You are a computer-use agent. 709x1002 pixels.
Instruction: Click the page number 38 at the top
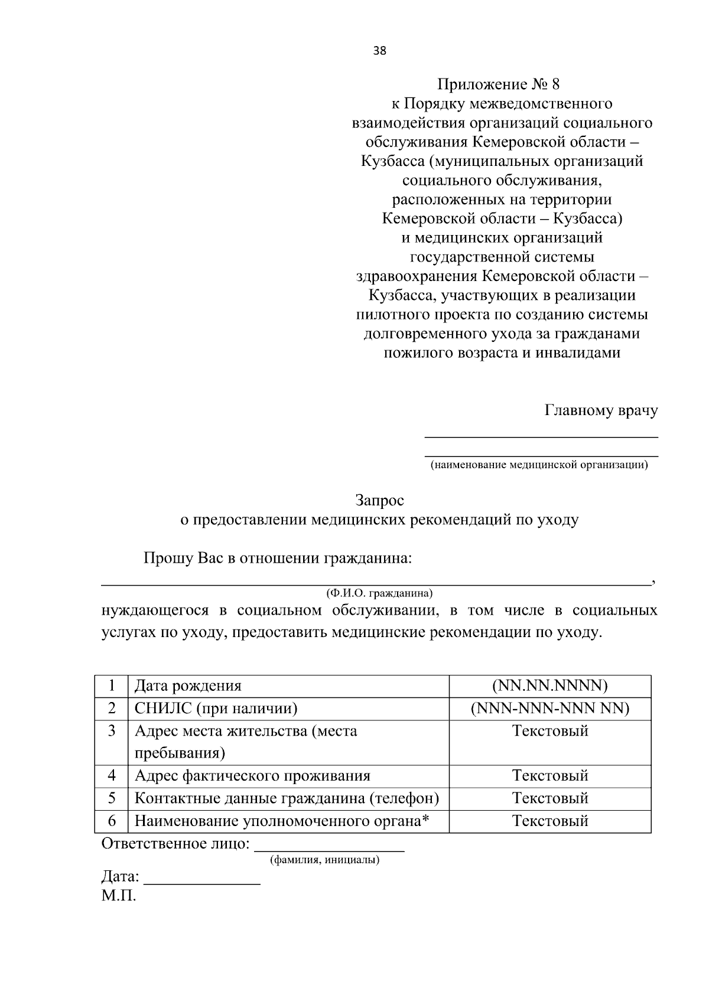(x=379, y=51)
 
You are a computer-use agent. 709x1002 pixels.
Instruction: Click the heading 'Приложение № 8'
(x=502, y=84)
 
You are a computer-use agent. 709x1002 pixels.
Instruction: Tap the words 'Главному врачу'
(x=601, y=411)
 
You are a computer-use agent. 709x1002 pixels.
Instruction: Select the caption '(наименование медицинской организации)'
(x=539, y=465)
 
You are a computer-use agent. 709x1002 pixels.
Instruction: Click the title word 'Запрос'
(x=379, y=501)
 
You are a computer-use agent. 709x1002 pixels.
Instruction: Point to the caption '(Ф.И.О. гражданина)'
(x=379, y=592)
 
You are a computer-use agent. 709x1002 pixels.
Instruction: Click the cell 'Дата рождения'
(x=188, y=686)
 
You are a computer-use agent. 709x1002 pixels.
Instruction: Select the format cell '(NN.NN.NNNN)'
(x=549, y=686)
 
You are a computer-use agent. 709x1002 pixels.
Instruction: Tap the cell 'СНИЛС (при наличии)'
(x=216, y=709)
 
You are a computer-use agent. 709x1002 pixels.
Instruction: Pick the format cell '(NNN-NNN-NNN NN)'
(x=549, y=709)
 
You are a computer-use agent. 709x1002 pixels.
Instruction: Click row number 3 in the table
(x=112, y=731)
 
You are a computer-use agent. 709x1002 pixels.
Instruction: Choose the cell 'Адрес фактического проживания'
(x=252, y=776)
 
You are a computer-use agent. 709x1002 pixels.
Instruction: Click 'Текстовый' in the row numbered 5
(x=549, y=798)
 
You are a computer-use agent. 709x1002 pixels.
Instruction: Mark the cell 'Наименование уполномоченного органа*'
(x=281, y=821)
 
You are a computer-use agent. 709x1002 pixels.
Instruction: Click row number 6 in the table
(x=112, y=821)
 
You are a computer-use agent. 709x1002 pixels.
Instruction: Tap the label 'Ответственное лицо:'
(x=175, y=844)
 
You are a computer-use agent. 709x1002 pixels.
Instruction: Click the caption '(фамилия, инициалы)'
(x=324, y=860)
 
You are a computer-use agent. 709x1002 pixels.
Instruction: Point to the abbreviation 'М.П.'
(x=118, y=896)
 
